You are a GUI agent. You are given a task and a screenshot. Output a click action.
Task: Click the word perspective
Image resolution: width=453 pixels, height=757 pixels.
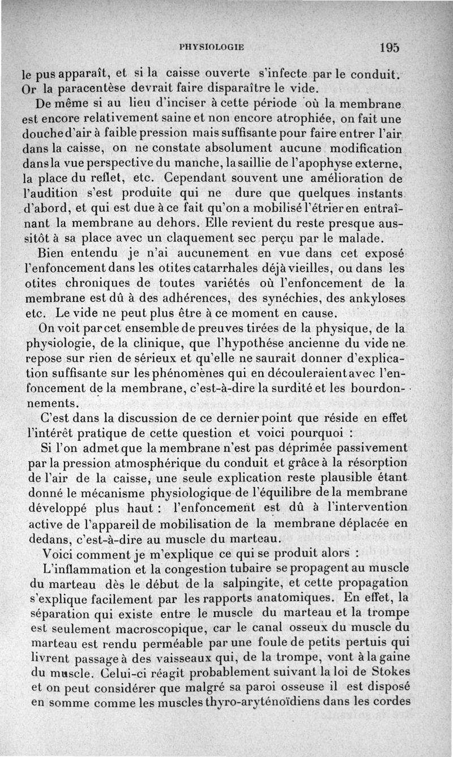[130, 165]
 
